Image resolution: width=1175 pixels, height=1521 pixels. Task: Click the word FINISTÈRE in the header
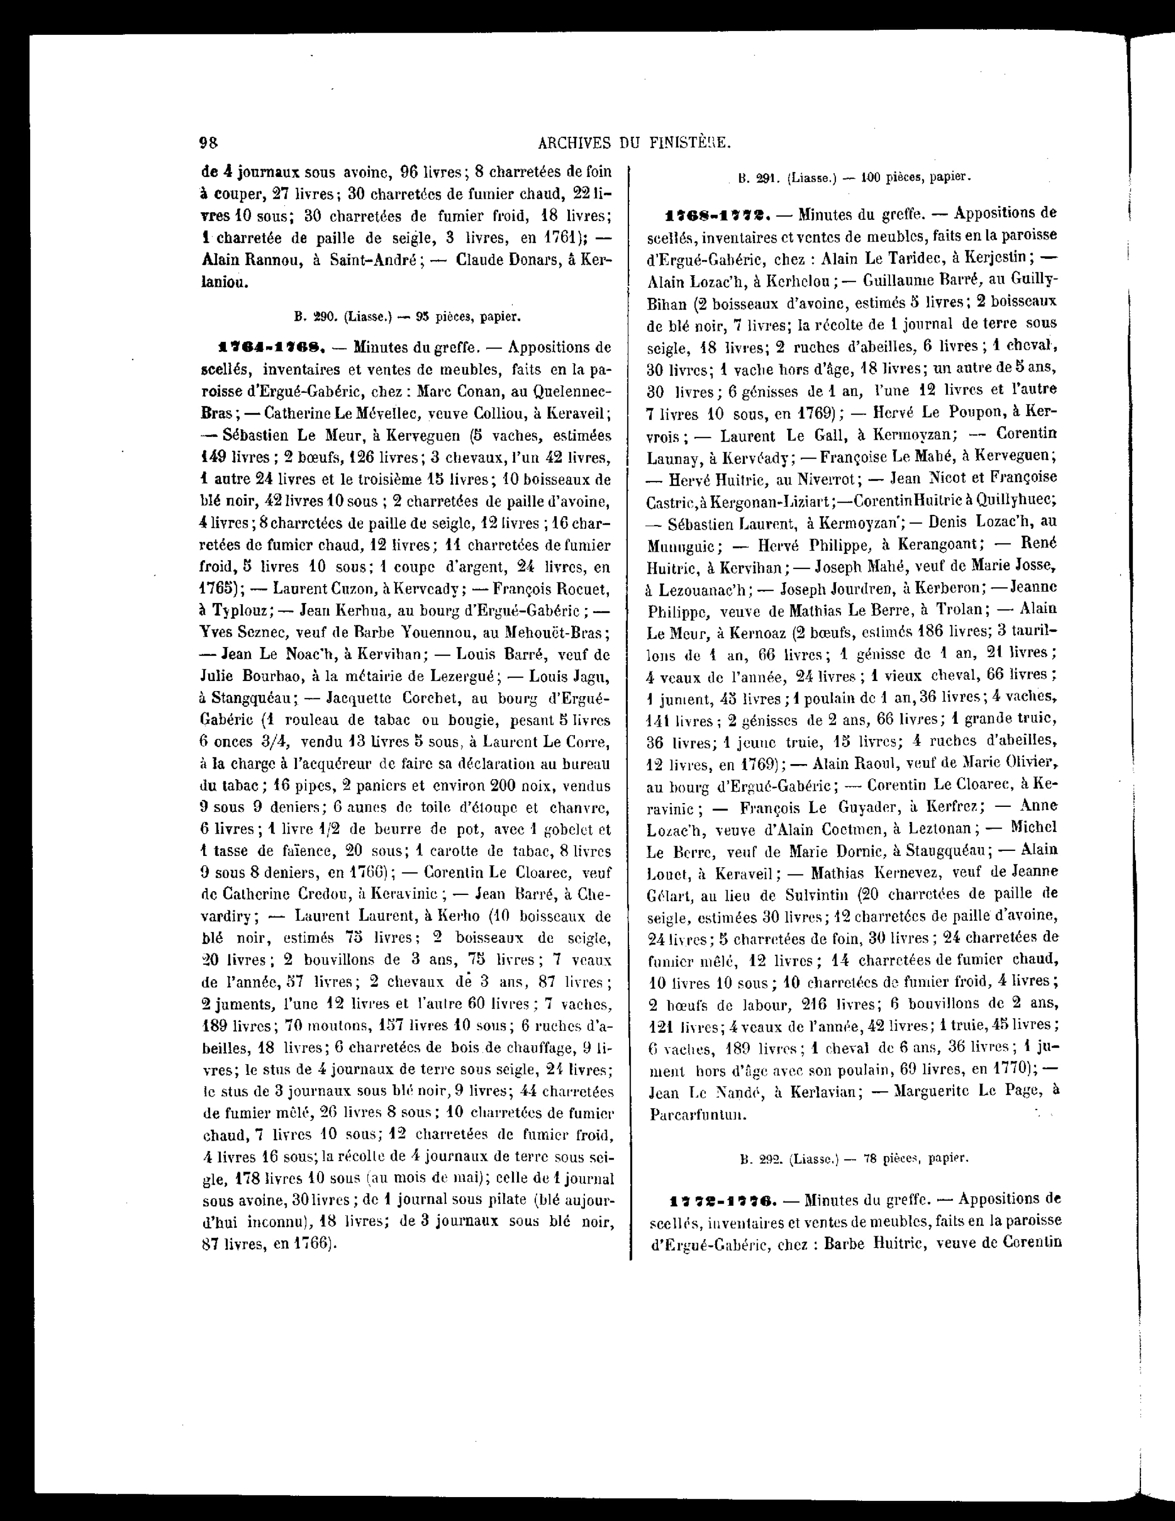(x=690, y=143)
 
